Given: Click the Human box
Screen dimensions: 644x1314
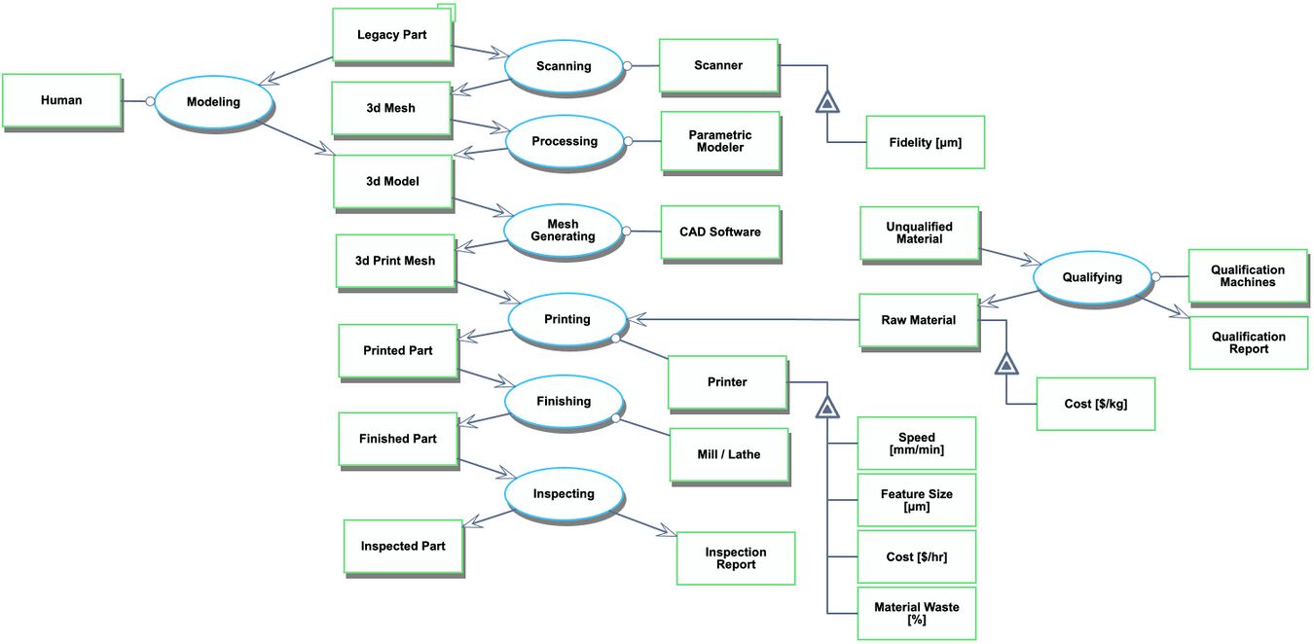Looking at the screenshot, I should coord(61,100).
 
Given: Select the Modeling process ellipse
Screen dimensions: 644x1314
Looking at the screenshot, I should coord(213,101).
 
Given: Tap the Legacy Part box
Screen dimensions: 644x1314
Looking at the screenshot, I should coord(391,36).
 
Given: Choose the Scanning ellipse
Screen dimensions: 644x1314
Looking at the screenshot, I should coord(564,66).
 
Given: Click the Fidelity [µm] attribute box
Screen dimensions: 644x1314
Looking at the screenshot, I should coord(925,143).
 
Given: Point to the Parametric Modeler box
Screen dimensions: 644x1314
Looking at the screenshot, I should coord(720,142).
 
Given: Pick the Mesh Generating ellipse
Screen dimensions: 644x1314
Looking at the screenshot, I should coord(564,232).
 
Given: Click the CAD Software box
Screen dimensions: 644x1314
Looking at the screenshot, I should coord(720,233).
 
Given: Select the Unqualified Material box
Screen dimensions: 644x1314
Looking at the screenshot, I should coord(919,233).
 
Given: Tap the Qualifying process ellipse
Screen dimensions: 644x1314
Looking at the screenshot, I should coord(1092,277).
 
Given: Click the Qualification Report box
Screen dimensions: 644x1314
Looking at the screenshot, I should coord(1248,342).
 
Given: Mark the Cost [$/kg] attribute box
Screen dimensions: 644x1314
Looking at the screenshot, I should coord(1095,404).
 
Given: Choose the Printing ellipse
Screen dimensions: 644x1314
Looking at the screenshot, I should coord(567,319).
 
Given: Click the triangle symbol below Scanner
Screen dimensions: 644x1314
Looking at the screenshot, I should coord(827,101).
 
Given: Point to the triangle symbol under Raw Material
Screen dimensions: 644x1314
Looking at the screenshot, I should coord(1006,364).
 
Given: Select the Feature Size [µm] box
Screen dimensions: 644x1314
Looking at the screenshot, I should coord(916,500).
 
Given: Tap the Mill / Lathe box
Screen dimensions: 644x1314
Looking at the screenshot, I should coord(729,454).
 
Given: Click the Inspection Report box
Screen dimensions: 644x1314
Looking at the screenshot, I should coord(736,558).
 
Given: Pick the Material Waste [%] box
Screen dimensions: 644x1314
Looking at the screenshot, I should coord(916,614).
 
